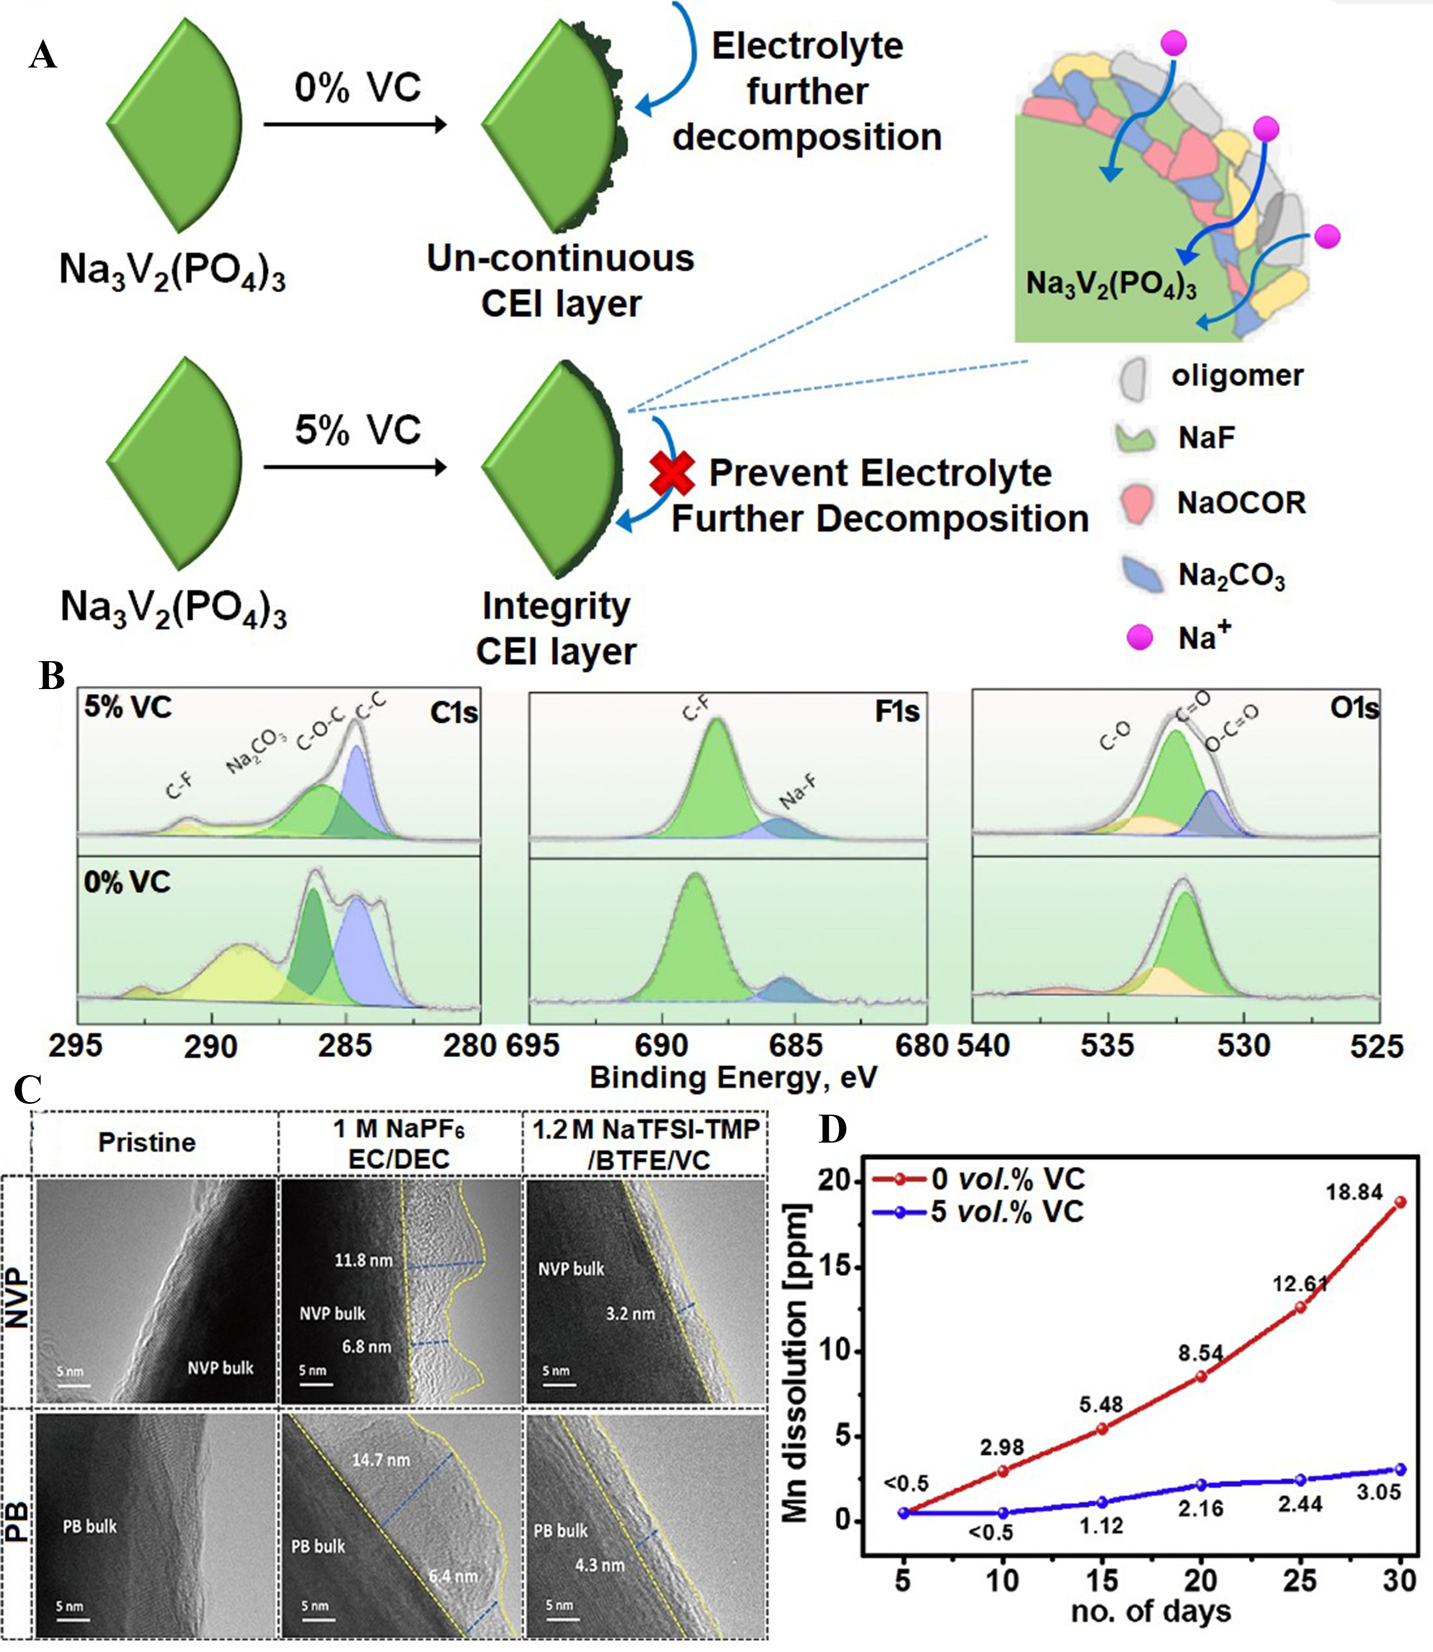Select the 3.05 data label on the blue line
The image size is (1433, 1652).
1379,1492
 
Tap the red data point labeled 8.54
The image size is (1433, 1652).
1201,1376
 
